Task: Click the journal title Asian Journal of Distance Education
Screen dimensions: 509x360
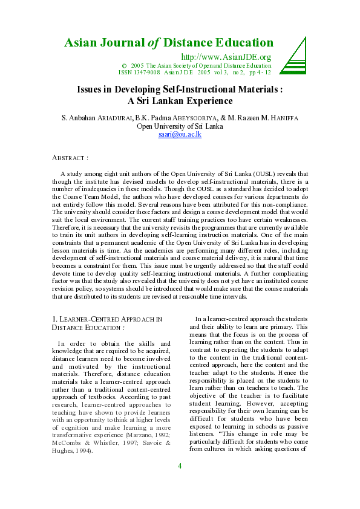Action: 169,43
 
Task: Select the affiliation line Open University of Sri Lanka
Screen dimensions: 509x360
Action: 180,126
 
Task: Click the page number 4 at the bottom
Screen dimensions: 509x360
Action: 180,482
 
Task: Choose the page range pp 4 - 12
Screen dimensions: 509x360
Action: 258,72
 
